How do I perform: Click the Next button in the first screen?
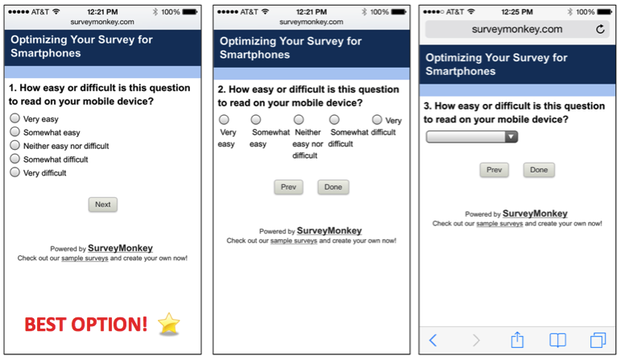(102, 205)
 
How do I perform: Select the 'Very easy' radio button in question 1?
(14, 118)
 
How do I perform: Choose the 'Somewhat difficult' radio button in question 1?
(14, 159)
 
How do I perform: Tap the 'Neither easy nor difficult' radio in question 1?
(14, 145)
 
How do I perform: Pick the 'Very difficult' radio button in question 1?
(14, 172)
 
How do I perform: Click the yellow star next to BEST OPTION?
(169, 324)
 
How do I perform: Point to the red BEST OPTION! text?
(86, 325)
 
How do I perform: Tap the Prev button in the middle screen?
(288, 187)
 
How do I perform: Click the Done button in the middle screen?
(333, 187)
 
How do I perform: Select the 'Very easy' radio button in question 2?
(224, 120)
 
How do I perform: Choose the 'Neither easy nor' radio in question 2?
(299, 120)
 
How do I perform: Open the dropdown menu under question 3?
(472, 137)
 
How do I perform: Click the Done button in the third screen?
(539, 170)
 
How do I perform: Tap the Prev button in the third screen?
(494, 170)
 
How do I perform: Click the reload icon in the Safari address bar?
(600, 30)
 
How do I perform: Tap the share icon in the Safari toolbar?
(517, 340)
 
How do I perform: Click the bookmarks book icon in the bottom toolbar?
(557, 340)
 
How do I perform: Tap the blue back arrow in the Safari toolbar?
(433, 340)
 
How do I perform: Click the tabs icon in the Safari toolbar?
(597, 340)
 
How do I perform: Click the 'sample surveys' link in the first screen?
(85, 259)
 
